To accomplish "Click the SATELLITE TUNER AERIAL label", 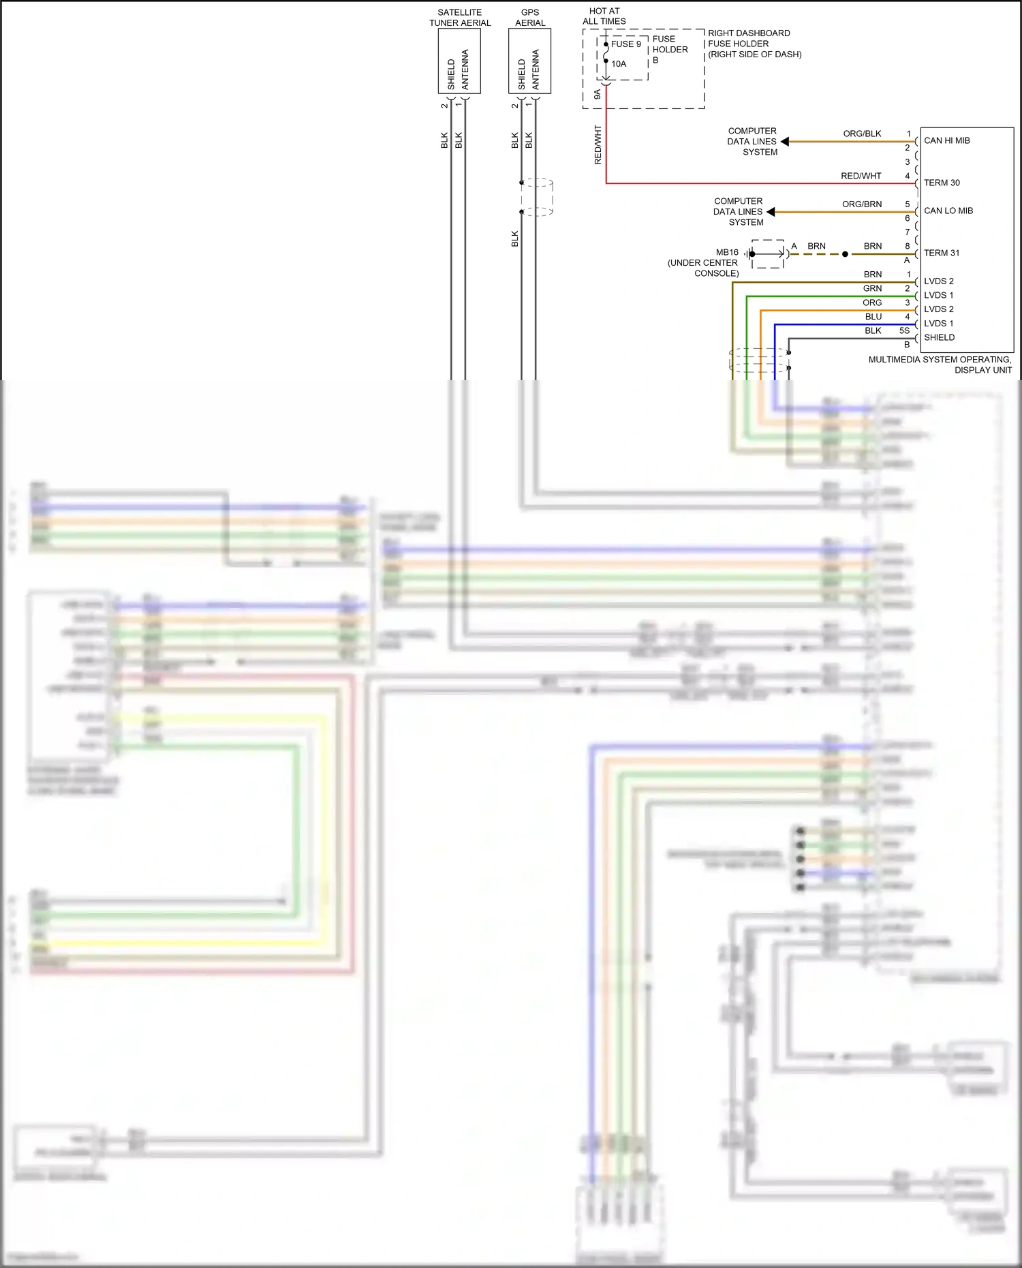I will (x=460, y=18).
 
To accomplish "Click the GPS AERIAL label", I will (x=530, y=18).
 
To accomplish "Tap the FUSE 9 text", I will (x=625, y=44).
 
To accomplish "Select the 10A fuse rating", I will (x=619, y=64).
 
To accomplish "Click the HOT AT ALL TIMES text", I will (x=604, y=16).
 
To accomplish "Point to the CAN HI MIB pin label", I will (x=946, y=141).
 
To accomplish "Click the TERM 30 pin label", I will (x=942, y=183).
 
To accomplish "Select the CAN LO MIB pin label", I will (x=948, y=211).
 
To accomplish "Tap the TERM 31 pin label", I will (x=941, y=253).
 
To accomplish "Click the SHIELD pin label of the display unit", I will (x=939, y=338).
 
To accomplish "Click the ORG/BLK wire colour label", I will (x=862, y=134).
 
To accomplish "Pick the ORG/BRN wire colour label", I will (x=861, y=204).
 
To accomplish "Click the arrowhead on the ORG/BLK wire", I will (x=785, y=142).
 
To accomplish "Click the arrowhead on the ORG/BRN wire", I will (x=771, y=212).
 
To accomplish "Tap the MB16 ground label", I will (x=727, y=253).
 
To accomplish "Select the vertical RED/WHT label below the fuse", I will (x=598, y=144).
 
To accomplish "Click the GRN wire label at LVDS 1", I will (x=872, y=289).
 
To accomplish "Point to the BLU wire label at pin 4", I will (x=873, y=317).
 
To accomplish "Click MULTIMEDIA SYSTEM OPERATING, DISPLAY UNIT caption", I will (x=940, y=365).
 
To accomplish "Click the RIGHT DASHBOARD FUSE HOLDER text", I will (x=754, y=44).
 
